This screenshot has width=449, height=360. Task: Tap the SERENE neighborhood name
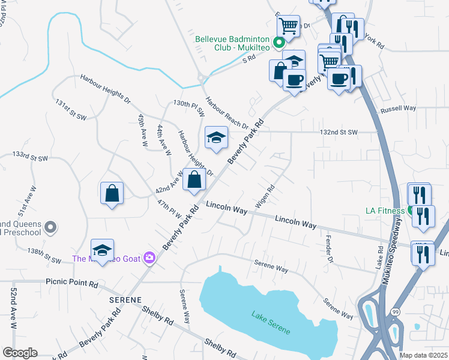click(125, 299)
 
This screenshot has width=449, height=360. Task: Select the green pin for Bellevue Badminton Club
click(279, 43)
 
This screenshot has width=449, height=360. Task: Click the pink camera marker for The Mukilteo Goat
click(149, 259)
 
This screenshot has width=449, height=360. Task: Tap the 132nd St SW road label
click(339, 132)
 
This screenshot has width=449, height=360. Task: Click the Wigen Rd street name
click(265, 196)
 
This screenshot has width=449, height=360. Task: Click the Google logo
click(19, 353)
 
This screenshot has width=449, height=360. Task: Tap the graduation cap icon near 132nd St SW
click(216, 137)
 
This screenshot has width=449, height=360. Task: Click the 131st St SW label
click(70, 110)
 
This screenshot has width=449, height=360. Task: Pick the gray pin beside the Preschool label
click(51, 227)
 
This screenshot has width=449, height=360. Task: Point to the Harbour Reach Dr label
click(226, 113)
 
